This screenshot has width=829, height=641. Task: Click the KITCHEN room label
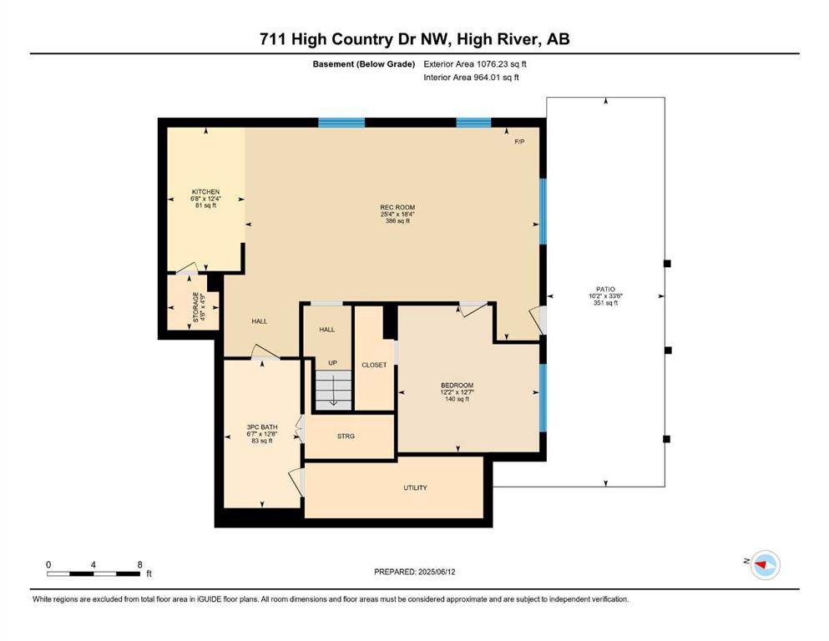205,192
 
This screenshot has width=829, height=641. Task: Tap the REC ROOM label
397,207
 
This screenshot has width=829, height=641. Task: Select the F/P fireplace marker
520,142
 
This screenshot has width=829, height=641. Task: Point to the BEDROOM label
457,386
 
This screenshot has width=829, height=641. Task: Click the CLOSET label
374,365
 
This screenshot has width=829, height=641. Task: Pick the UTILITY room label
415,487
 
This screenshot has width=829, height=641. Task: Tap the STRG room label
346,436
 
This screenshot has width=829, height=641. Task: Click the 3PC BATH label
262,427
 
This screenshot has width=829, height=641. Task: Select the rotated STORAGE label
195,307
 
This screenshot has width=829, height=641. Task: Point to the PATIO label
605,289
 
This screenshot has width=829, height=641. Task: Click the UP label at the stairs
332,362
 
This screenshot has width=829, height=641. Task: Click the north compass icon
766,564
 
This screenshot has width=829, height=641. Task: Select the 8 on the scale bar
139,564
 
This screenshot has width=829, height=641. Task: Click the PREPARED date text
414,572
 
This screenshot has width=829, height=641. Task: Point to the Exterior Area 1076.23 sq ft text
475,64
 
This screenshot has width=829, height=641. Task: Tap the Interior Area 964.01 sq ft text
471,77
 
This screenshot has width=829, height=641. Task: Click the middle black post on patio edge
668,351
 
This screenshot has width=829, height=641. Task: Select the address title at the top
414,39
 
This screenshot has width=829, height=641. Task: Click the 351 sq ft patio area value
605,303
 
